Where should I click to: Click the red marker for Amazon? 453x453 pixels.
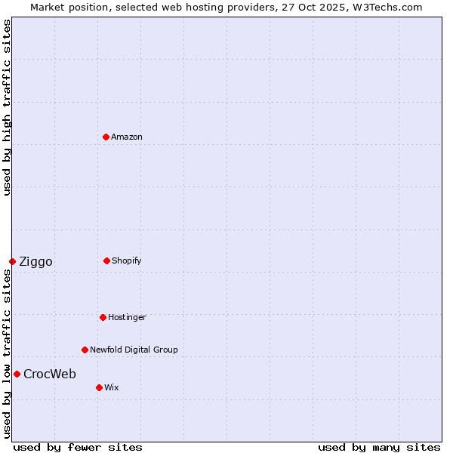(106, 137)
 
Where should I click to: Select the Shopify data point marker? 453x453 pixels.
(106, 260)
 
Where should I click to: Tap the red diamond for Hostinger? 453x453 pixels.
(103, 317)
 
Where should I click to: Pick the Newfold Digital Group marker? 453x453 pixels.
(85, 350)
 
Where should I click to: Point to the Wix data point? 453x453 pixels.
(99, 387)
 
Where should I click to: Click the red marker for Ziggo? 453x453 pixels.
(12, 261)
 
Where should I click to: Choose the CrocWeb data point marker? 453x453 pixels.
(17, 374)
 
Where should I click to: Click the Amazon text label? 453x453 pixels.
(127, 137)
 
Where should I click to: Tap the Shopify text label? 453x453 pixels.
(127, 260)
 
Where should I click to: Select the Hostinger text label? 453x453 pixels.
(127, 317)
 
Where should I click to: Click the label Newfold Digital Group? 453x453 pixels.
(134, 350)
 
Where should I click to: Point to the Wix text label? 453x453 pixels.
(112, 387)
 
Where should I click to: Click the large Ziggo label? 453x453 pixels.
(35, 262)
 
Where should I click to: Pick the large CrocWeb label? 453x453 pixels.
(50, 374)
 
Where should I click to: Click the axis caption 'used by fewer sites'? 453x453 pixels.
(78, 447)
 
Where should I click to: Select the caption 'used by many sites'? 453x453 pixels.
(379, 447)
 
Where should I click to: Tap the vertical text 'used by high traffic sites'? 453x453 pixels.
(7, 107)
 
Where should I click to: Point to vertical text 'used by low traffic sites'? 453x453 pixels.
(7, 353)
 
